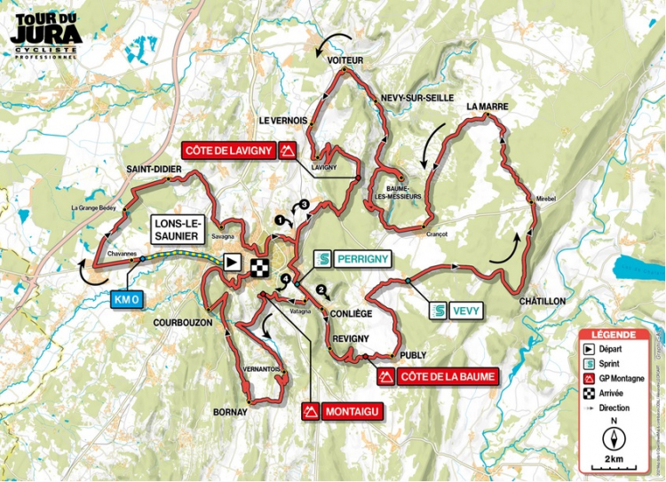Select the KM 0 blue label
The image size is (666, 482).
(126, 300)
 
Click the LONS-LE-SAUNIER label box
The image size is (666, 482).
(181, 231)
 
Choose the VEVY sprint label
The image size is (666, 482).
(454, 312)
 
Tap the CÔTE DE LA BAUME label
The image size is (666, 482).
(436, 377)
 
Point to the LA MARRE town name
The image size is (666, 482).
(487, 107)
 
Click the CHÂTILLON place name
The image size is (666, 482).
(543, 302)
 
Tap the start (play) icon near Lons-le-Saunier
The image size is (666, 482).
(233, 262)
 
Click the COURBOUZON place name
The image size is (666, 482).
(182, 323)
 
